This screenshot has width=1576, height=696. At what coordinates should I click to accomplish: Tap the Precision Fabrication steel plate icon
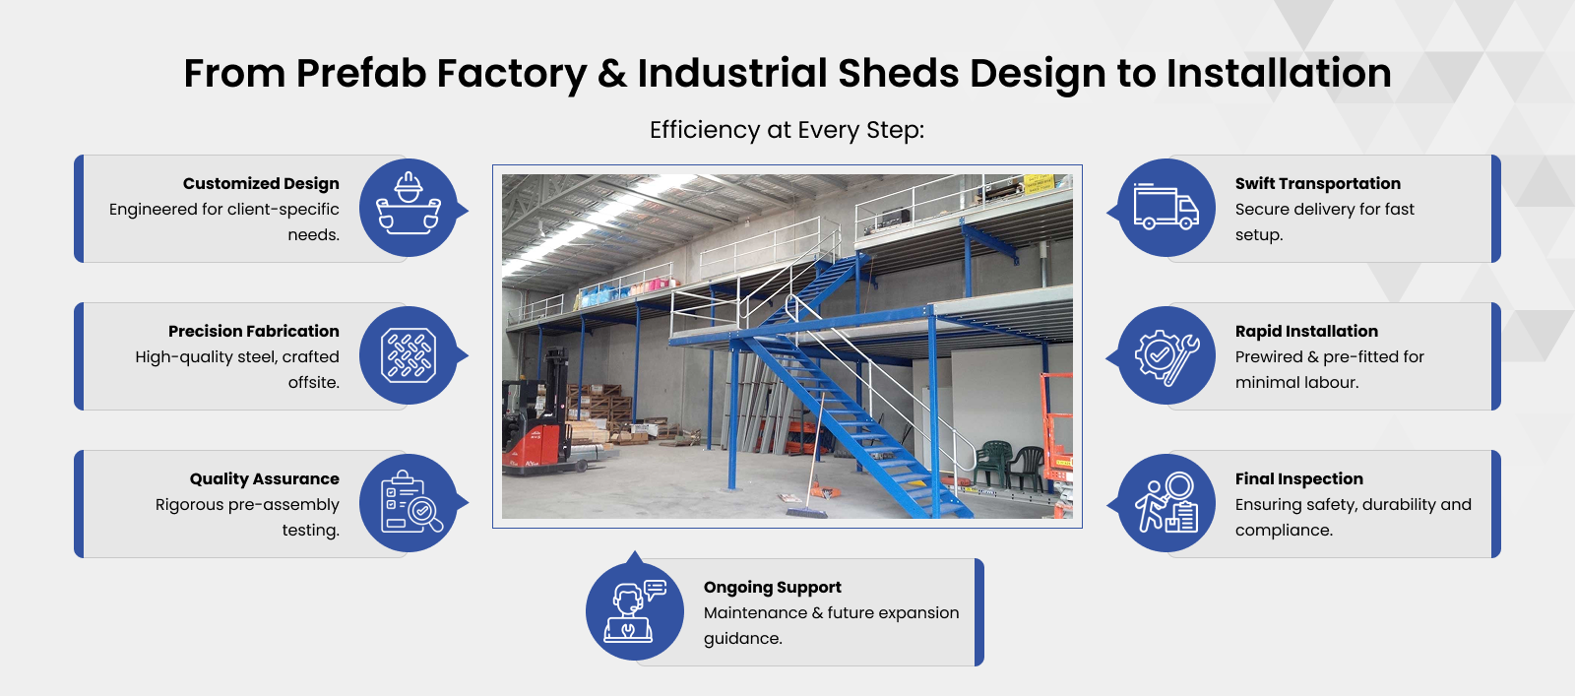(x=409, y=355)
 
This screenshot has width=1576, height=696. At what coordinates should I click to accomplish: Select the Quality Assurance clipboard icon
(x=410, y=502)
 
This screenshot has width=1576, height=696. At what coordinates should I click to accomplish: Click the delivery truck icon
(x=1166, y=207)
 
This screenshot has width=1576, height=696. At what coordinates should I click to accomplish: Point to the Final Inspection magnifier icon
(x=1166, y=502)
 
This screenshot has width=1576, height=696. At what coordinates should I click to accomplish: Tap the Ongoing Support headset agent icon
(x=634, y=611)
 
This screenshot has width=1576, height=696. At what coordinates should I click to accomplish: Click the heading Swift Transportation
(x=1318, y=183)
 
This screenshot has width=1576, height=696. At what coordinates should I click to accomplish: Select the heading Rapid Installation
(x=1306, y=331)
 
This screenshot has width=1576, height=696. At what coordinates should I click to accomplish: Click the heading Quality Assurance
(x=264, y=478)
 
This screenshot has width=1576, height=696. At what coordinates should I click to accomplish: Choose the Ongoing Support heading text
(x=773, y=587)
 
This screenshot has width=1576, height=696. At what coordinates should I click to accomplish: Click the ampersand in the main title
(x=612, y=73)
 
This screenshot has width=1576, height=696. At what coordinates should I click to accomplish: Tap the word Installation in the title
(x=1279, y=73)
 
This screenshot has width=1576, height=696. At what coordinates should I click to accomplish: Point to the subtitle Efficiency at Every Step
(x=787, y=130)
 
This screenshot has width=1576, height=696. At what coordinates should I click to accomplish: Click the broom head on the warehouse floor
(x=806, y=512)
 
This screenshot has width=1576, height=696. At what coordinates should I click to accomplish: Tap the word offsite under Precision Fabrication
(x=313, y=382)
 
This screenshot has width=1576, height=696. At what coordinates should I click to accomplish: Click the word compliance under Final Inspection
(x=1284, y=530)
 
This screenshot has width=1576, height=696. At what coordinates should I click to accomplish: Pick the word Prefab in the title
(x=360, y=73)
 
